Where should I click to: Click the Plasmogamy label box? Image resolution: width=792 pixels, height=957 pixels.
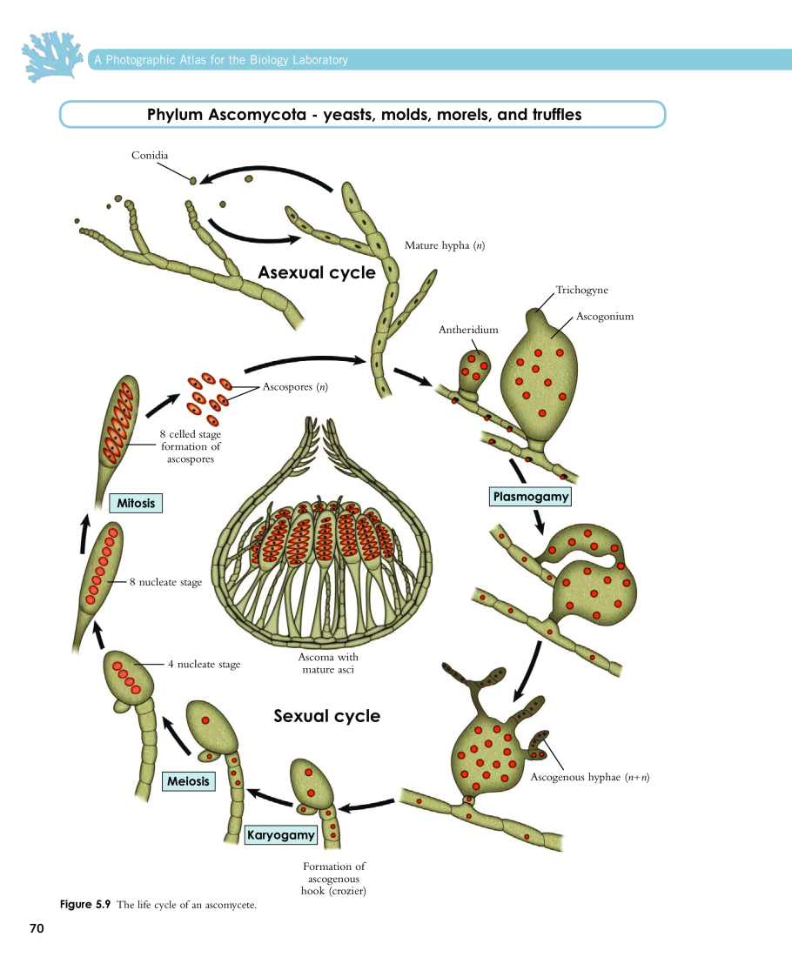(x=531, y=497)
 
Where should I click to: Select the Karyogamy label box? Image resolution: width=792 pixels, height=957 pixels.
(x=280, y=835)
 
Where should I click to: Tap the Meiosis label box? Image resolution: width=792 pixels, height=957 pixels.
(x=189, y=781)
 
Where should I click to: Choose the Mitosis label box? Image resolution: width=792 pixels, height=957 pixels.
(x=137, y=503)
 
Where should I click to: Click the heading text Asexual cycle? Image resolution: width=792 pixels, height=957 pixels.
(x=317, y=273)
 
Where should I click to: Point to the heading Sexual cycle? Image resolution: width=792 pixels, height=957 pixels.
(x=327, y=716)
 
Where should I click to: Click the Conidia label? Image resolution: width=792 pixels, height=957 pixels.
(x=150, y=155)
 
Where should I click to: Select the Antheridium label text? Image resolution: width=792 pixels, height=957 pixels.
(x=468, y=330)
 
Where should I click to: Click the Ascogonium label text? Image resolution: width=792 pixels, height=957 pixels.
(x=605, y=317)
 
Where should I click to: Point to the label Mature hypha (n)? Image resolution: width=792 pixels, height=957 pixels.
(x=445, y=245)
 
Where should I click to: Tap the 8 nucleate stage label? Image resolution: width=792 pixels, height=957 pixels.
(x=165, y=582)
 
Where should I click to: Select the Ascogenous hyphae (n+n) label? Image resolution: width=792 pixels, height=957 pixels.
(x=590, y=777)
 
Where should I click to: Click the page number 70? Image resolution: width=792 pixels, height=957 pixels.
(x=37, y=929)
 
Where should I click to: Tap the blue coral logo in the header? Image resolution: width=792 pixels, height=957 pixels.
(x=52, y=56)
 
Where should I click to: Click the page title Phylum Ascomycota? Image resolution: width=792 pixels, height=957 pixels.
(x=364, y=115)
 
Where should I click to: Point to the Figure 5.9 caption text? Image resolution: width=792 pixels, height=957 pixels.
(x=158, y=906)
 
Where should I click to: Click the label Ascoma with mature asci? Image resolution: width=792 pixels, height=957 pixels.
(x=328, y=663)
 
